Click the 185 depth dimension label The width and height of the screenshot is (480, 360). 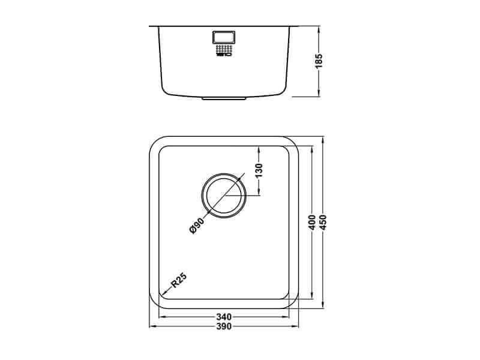click(x=319, y=61)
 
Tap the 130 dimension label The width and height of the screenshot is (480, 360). click(x=259, y=170)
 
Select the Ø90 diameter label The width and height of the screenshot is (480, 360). click(x=197, y=226)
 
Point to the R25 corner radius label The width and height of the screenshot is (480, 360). click(x=178, y=280)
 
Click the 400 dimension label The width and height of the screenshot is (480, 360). click(x=312, y=222)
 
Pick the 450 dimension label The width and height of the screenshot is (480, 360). click(x=323, y=222)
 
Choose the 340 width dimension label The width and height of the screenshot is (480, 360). click(x=224, y=317)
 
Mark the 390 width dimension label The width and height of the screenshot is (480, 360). click(x=224, y=326)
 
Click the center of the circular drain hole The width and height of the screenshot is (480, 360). click(x=224, y=196)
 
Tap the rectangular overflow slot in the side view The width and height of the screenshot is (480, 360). click(x=223, y=37)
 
